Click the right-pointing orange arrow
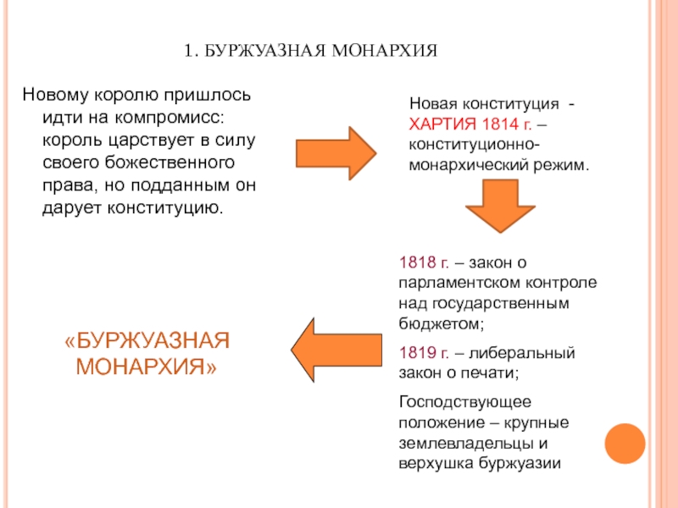pos(347,151)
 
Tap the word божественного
pos(172,162)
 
